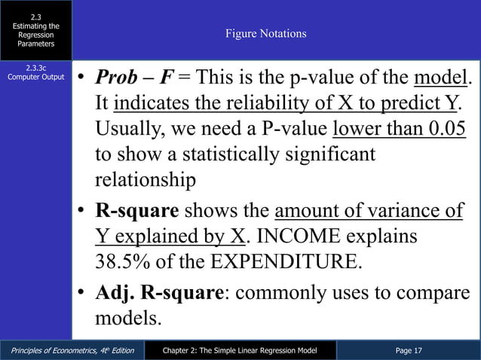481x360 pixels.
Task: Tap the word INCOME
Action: tap(309, 236)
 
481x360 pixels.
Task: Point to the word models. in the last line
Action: tap(128, 318)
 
